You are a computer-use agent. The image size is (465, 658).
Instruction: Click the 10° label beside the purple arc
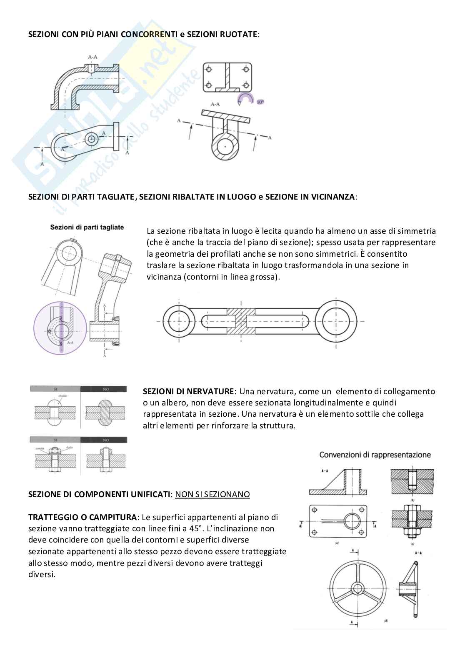pos(260,101)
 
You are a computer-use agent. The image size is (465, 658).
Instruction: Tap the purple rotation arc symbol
pos(245,99)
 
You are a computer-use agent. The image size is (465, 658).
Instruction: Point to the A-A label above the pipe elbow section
pos(92,57)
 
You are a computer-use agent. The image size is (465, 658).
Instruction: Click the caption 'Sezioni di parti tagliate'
pos(87,227)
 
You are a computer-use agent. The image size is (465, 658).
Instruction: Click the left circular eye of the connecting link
pos(179,321)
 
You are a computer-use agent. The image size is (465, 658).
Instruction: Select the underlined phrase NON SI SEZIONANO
pos(212,494)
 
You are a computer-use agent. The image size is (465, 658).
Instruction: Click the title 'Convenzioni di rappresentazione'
pos(375,455)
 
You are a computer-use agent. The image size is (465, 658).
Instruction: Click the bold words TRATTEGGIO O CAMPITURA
pos(82,517)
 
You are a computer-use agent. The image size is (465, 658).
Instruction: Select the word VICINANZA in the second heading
pos(333,196)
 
